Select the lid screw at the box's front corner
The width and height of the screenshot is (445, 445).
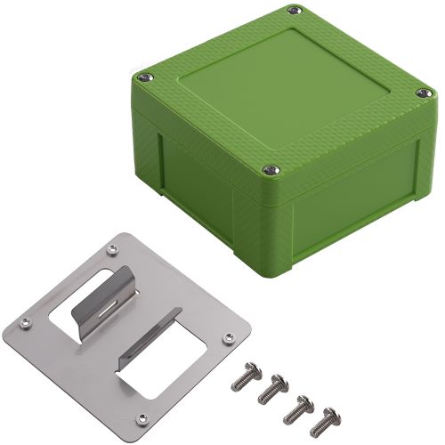(268, 171)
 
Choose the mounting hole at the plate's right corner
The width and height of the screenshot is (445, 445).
(229, 338)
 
